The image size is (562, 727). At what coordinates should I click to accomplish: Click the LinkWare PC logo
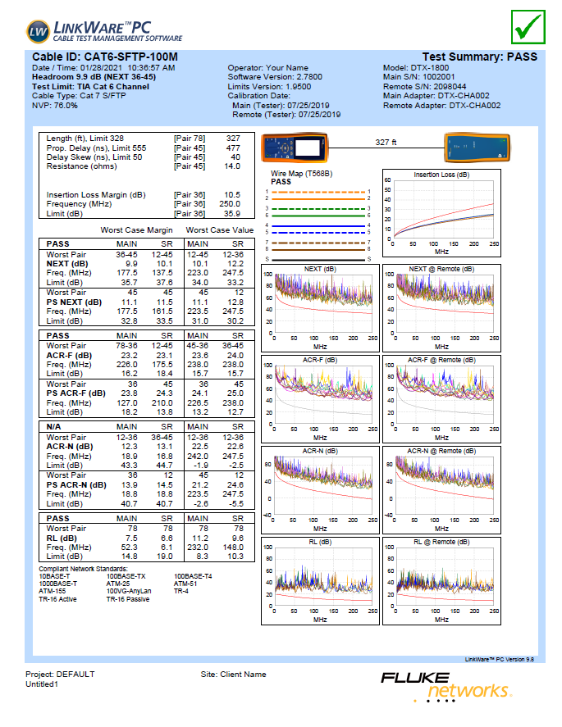tap(104, 30)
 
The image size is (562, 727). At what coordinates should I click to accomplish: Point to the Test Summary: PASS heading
tap(479, 57)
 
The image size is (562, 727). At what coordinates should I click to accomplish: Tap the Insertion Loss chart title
tap(441, 175)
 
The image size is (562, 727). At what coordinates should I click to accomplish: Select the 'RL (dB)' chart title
tap(320, 542)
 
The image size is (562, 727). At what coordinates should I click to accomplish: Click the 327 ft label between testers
tap(386, 143)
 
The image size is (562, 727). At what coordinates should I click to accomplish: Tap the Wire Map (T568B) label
tap(301, 174)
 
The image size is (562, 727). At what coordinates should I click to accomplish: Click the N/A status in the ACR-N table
tap(57, 428)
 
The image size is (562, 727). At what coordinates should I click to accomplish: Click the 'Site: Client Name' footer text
tap(233, 675)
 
